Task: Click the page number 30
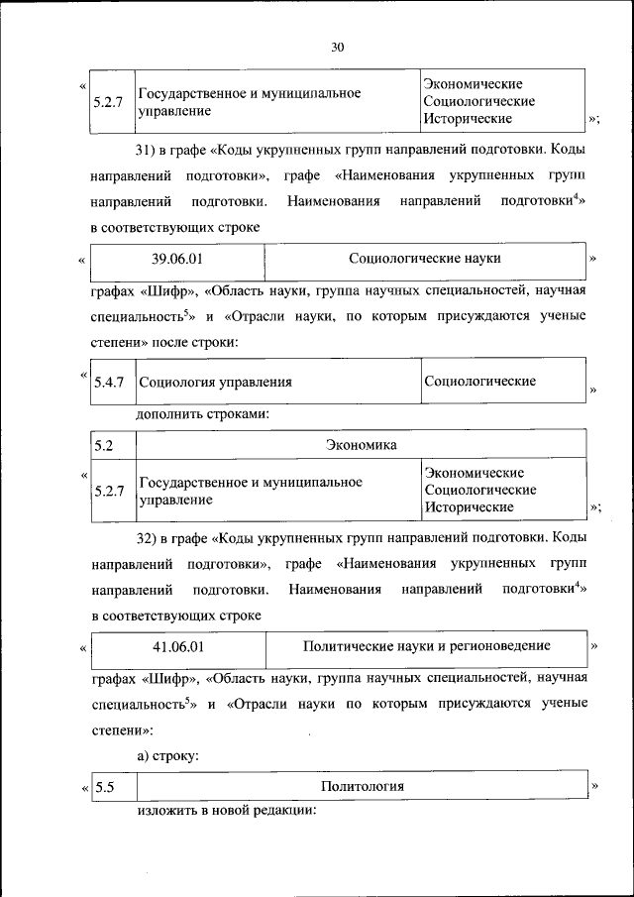click(x=337, y=47)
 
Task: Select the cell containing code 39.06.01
click(x=177, y=259)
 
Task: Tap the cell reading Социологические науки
click(x=424, y=259)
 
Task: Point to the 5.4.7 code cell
click(x=107, y=382)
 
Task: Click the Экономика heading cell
click(x=361, y=445)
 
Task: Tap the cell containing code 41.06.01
click(x=178, y=646)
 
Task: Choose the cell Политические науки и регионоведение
click(x=426, y=646)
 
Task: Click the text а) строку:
click(x=168, y=755)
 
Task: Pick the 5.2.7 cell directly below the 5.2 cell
click(x=107, y=491)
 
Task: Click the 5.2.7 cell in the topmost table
click(x=107, y=102)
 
